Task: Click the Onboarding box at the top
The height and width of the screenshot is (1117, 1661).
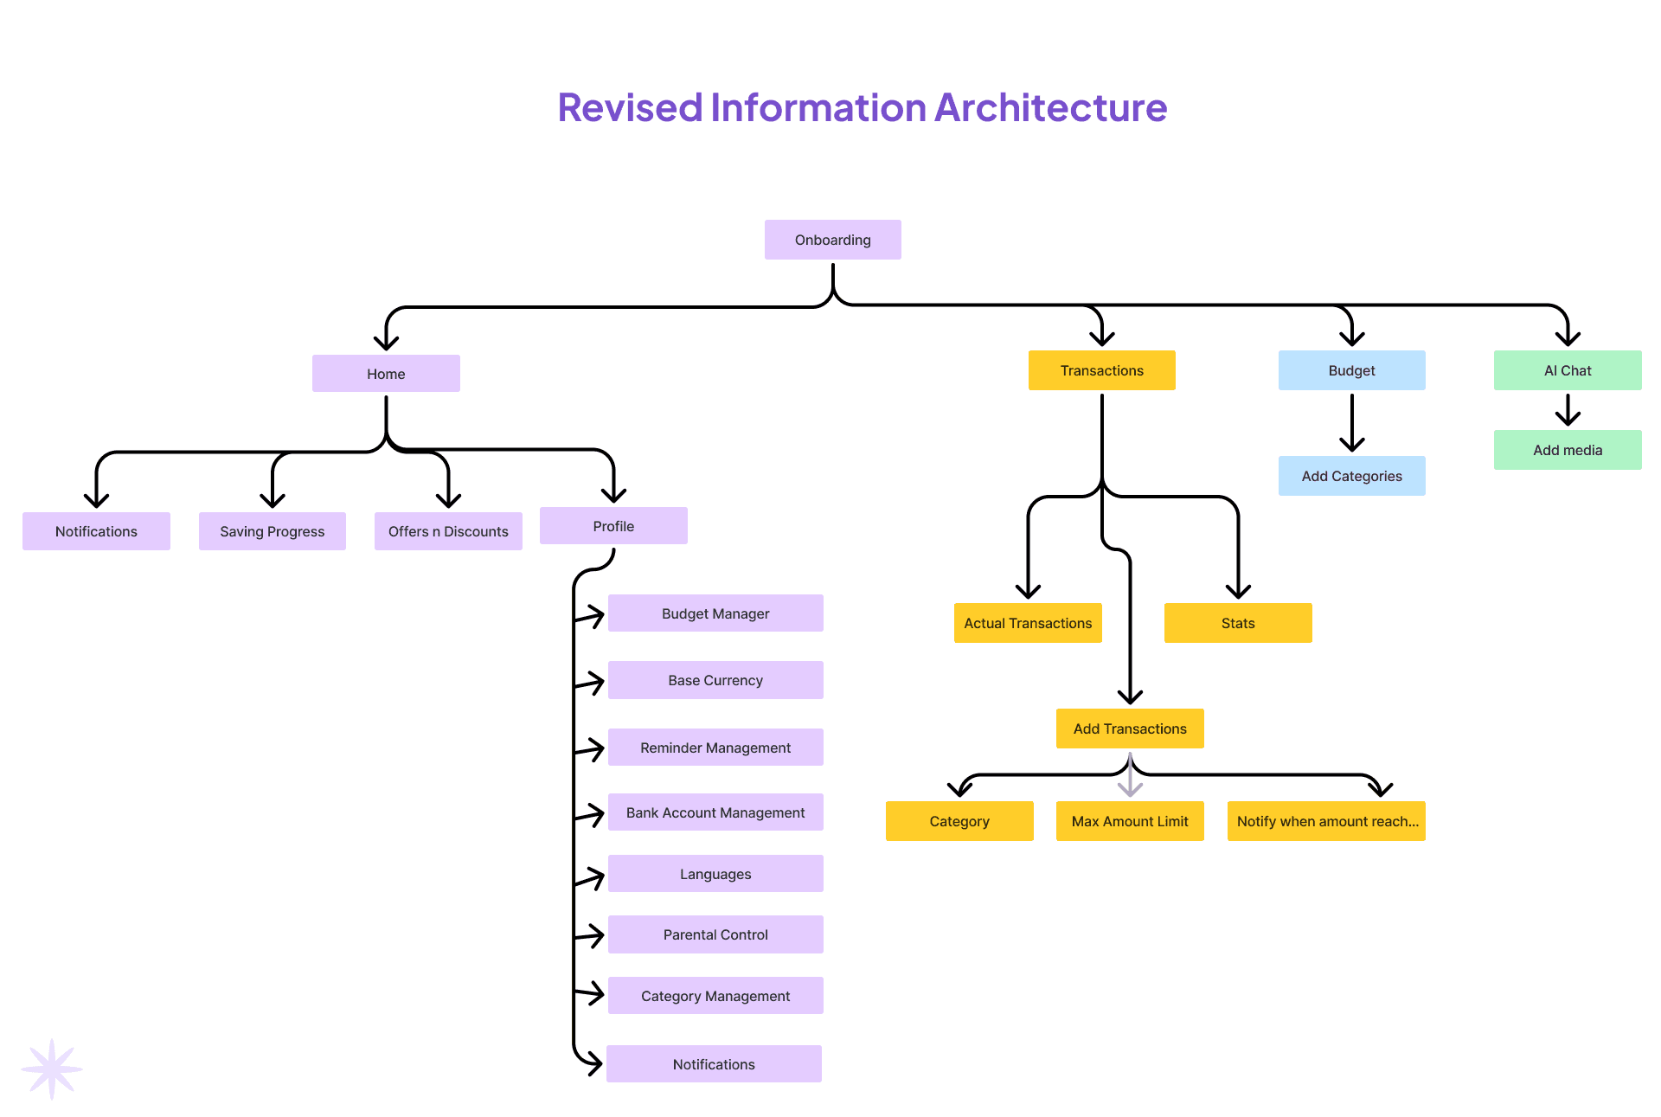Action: pos(832,240)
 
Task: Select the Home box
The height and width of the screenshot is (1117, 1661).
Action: pos(386,374)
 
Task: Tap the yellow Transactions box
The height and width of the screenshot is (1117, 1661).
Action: pos(1101,370)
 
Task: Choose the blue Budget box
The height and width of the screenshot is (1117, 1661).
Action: pos(1351,370)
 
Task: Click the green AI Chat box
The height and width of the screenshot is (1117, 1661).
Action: pos(1567,370)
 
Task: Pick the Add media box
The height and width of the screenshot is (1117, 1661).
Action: pos(1567,450)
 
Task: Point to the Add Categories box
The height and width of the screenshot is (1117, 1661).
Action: pos(1351,476)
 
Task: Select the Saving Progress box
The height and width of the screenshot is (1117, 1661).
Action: pos(272,531)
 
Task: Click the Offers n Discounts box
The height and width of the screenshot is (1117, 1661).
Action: pos(448,531)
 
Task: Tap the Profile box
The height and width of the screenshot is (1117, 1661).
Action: pos(613,526)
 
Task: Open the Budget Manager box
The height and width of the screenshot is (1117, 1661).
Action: pos(715,613)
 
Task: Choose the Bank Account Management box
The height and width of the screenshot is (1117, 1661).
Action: pos(715,812)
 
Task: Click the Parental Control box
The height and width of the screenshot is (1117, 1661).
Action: pos(715,934)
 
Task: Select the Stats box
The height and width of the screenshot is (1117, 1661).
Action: pos(1237,623)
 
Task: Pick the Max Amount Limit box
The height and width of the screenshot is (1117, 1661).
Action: pos(1129,821)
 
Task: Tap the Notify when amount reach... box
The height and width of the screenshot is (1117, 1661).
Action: pos(1325,821)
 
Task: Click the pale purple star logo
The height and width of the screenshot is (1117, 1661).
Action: pos(52,1069)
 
